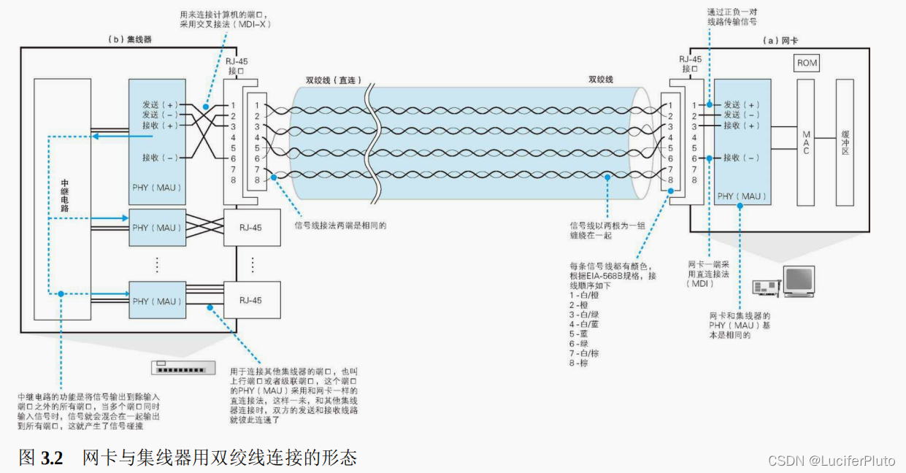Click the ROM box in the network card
(x=807, y=63)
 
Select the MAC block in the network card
(x=805, y=142)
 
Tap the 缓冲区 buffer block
(x=845, y=142)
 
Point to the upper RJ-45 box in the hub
(x=250, y=228)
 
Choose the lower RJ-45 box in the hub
(x=250, y=300)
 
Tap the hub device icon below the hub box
(x=183, y=368)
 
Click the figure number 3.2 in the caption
(x=52, y=458)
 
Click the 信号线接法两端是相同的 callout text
(x=339, y=226)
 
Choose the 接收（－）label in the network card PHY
(x=742, y=158)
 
